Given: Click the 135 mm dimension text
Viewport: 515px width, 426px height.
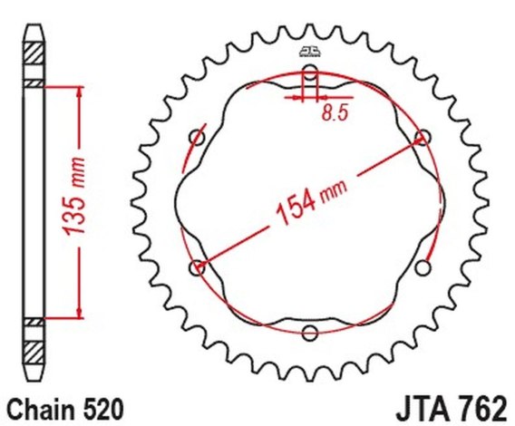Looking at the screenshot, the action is tap(74, 197).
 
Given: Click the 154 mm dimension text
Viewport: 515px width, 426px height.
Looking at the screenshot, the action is tap(311, 200).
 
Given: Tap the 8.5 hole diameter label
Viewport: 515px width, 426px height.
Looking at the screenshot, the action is tap(335, 113).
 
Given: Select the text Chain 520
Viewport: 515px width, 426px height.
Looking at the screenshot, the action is tap(65, 410).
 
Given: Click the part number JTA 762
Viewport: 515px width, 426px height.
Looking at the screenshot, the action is tap(452, 410).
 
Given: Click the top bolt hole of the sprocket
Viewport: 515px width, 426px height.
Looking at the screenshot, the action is tap(310, 73).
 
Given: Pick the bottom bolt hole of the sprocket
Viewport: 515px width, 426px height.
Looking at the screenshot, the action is tap(310, 333).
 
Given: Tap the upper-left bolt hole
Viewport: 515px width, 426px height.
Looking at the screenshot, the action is tap(198, 137).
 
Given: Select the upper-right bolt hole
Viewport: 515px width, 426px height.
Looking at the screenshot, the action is tap(423, 137).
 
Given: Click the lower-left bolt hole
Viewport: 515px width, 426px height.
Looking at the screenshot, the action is tap(197, 267).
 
